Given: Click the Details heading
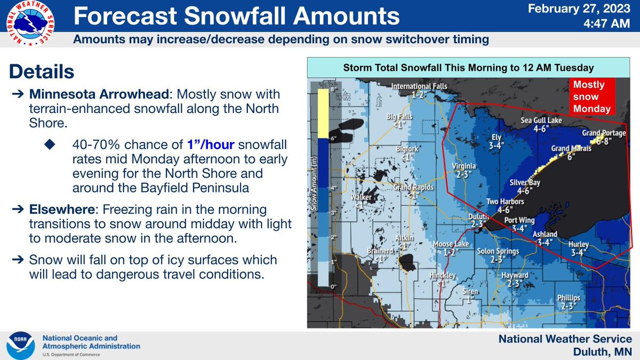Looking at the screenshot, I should coord(42,71).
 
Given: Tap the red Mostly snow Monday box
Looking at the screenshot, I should coord(590,97).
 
